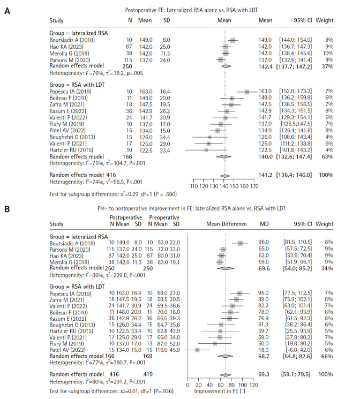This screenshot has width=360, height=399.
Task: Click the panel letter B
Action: click(x=7, y=206)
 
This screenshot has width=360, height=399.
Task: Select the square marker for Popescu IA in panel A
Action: click(x=246, y=92)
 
